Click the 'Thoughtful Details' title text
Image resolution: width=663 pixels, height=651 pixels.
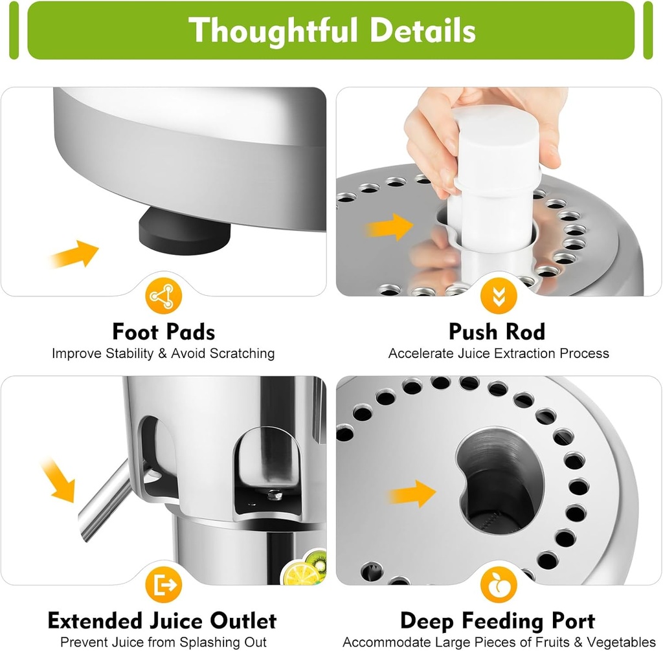pos(331,30)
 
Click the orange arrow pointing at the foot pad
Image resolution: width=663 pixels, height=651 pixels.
pos(74,254)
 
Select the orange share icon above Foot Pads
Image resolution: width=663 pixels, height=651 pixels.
pos(164,296)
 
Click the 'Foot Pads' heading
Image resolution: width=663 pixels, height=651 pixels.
pos(164,332)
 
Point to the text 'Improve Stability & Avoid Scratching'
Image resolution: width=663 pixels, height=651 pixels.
pos(163,353)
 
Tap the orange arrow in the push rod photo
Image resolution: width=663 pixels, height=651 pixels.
pos(391,226)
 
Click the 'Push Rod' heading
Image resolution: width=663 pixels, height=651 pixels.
pos(497,332)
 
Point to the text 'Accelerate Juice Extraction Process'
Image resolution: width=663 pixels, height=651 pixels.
pos(499,353)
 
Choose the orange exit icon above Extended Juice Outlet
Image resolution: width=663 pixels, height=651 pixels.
pos(164,585)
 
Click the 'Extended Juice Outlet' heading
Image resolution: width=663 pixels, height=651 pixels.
pos(162,621)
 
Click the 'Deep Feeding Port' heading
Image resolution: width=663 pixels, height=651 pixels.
pos(497,621)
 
